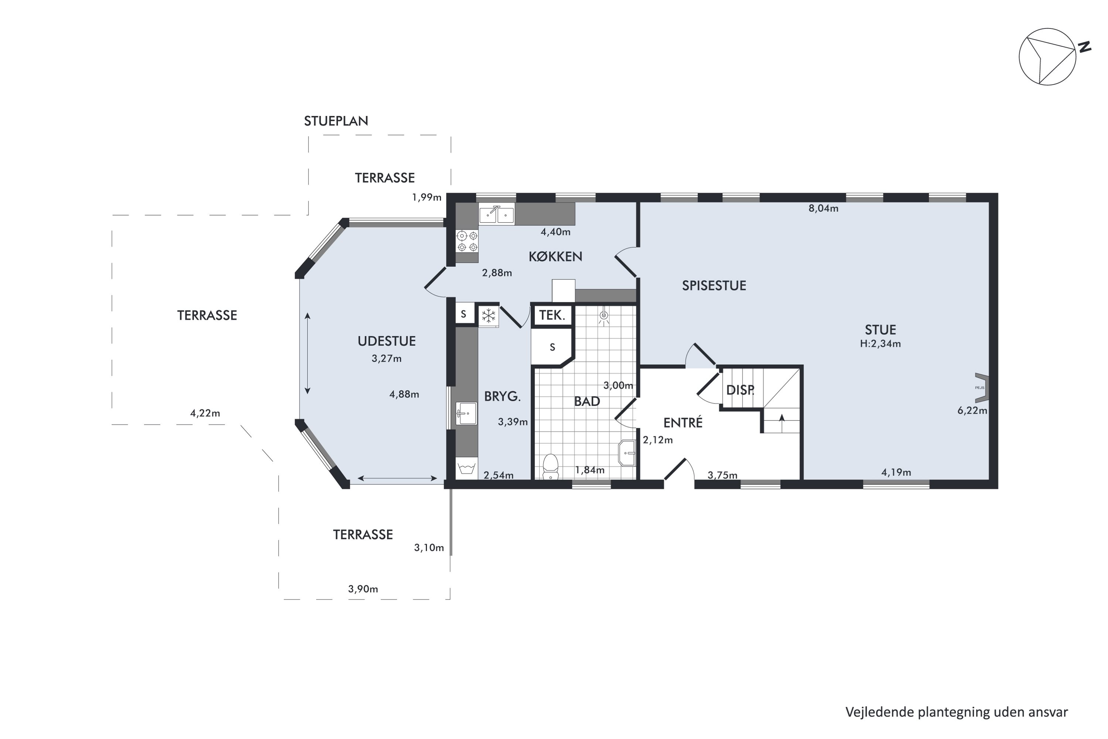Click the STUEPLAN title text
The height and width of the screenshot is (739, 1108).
336,121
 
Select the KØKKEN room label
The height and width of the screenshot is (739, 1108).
555,256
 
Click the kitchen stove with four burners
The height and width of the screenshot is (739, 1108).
467,241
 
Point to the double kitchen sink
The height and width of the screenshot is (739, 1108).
496,214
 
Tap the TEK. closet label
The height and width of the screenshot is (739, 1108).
552,315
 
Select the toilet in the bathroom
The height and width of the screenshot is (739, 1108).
550,467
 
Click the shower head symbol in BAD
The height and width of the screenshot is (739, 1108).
603,317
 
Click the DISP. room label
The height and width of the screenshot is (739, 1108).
740,390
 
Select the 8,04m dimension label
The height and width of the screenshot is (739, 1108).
824,208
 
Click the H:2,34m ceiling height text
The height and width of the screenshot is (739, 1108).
880,344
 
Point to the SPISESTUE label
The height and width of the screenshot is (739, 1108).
714,286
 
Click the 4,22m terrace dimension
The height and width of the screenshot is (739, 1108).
205,413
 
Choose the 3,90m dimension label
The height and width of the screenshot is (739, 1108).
363,589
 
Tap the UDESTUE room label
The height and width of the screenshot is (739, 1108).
386,341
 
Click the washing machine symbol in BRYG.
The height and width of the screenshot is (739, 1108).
467,469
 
